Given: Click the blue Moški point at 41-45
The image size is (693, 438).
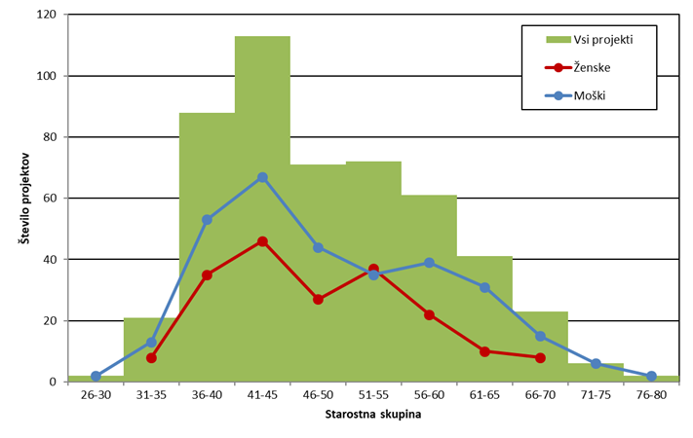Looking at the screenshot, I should (x=262, y=177).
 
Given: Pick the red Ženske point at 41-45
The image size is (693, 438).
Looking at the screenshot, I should (x=262, y=241).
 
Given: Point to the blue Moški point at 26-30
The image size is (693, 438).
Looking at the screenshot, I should (x=96, y=376).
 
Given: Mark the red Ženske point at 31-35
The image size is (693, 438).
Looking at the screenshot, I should (x=151, y=357).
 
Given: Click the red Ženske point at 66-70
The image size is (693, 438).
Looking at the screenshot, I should (x=540, y=357).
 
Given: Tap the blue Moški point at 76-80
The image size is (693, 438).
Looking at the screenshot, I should (x=651, y=376).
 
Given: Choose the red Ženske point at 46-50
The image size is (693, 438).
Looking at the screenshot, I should (x=318, y=300).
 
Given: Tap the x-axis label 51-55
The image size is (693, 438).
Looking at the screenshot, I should (x=373, y=396).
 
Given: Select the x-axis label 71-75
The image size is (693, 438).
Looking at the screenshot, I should (x=596, y=396).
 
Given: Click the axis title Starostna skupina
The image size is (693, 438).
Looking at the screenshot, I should (x=373, y=417).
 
